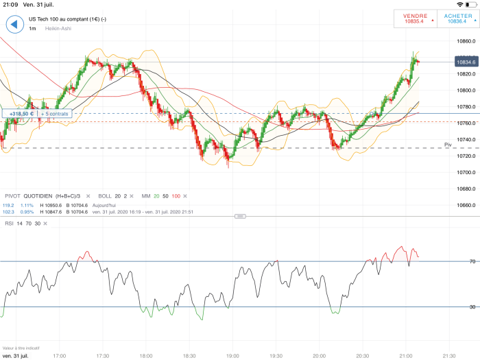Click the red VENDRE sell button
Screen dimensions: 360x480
point(414,19)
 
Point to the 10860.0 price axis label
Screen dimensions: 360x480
point(466,41)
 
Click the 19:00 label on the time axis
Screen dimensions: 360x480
point(232,356)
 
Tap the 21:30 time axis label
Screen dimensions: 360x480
point(448,356)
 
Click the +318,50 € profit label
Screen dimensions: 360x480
point(19,114)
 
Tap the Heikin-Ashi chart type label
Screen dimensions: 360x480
point(58,29)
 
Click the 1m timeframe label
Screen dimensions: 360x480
point(32,29)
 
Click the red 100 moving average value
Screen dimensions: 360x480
point(176,196)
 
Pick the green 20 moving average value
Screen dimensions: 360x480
point(156,196)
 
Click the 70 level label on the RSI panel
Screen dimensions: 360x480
point(453,261)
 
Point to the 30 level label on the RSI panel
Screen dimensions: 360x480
point(453,307)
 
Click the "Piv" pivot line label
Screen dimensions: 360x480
point(447,145)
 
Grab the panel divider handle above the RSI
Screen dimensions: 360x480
point(240,216)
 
